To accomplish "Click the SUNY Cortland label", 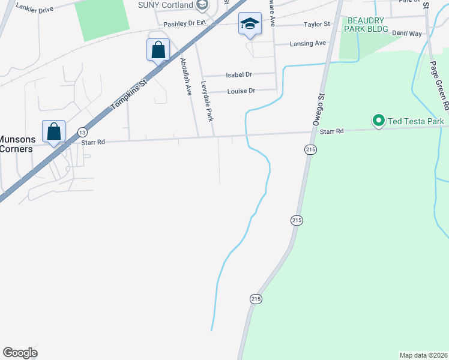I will pos(166,5).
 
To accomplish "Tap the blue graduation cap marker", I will pos(250,24).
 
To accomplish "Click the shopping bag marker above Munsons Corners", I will pos(53,131).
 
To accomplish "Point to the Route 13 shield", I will pos(82,131).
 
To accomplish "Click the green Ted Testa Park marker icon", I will pos(378,121).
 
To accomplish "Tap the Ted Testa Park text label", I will pos(415,122).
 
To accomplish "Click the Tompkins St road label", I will pos(128,93).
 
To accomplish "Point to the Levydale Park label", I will pos(206,101).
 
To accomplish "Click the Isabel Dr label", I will pos(239,75).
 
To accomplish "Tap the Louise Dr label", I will pos(241,91).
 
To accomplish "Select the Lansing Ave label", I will pos(307,43).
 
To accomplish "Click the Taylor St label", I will pos(317,25).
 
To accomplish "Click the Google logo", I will pos(20,353).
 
